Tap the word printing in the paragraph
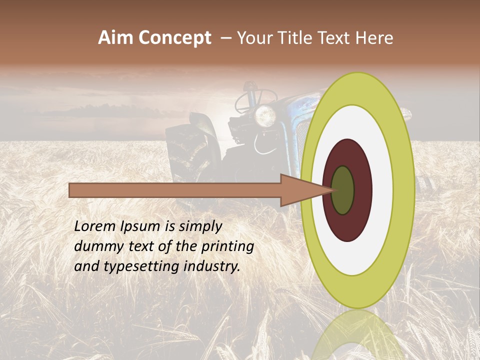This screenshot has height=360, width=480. click(x=227, y=246)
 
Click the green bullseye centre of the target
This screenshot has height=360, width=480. click(x=343, y=190)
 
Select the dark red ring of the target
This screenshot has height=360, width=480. click(x=362, y=190)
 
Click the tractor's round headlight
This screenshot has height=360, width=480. click(x=265, y=116)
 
